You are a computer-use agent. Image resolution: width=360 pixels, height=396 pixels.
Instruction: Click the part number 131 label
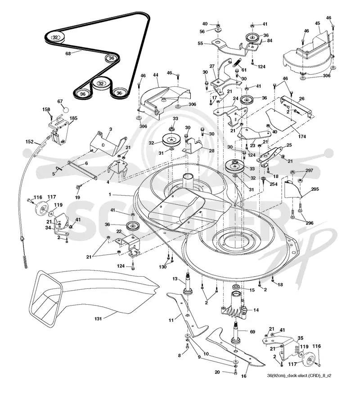coord(98,319)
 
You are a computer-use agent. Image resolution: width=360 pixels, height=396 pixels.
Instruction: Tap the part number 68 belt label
coord(68,54)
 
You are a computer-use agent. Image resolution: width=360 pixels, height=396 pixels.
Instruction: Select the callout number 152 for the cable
coord(30,142)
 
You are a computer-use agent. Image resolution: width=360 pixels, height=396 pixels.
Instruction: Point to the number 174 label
coord(302,136)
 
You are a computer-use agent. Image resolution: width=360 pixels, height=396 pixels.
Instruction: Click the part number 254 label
coord(273,184)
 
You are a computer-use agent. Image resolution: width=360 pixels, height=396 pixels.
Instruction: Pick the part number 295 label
coord(315,189)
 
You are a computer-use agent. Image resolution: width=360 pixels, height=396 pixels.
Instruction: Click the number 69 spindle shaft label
coord(252,332)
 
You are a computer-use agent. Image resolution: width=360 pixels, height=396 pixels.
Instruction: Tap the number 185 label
coord(73,118)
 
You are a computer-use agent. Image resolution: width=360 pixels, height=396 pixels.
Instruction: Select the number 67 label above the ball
coord(60,101)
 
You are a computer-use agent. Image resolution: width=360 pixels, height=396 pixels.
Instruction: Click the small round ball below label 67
coord(66,110)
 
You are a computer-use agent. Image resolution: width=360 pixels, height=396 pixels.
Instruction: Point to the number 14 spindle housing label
coord(256,310)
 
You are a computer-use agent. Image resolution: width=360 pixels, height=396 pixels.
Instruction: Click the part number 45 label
coord(318,23)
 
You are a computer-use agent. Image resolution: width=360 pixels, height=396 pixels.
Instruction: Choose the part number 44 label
coord(156,75)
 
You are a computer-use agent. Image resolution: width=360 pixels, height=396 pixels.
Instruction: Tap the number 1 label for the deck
coord(110,194)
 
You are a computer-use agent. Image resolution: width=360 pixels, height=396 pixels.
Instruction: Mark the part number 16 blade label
coord(243,376)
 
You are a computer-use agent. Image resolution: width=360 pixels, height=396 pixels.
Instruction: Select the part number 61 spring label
coord(244,70)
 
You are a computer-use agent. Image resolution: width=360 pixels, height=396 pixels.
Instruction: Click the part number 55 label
coord(200,44)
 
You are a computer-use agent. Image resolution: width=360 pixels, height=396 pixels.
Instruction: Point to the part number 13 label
coord(175,279)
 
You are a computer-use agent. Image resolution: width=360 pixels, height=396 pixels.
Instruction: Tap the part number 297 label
coord(309,171)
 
